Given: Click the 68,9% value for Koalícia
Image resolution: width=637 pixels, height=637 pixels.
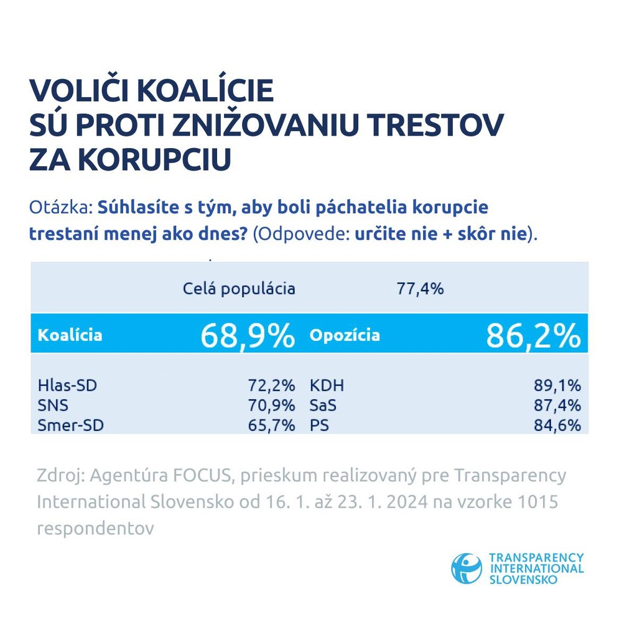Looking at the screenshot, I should (x=247, y=336).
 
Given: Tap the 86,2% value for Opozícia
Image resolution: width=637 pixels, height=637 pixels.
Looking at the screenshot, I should (x=533, y=336).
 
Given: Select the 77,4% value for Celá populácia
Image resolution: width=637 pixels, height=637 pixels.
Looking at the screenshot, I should (x=420, y=289).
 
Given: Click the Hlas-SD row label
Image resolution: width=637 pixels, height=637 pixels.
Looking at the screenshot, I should (x=67, y=386).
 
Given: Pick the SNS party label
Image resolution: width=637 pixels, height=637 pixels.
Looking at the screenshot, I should (x=53, y=406).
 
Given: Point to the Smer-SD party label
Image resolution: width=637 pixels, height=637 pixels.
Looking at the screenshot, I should (x=70, y=425).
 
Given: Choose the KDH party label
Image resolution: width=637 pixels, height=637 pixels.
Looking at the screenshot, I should (x=327, y=386).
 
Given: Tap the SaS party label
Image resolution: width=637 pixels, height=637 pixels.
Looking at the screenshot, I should (x=323, y=406).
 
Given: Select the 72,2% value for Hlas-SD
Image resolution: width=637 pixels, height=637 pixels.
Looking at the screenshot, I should (x=271, y=386).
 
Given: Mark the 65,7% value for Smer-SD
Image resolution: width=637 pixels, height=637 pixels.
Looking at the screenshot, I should (x=271, y=425).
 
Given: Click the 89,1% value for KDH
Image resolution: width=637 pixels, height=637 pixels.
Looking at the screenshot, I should (x=558, y=386).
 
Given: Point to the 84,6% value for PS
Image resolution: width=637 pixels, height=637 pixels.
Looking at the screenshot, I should (x=558, y=425).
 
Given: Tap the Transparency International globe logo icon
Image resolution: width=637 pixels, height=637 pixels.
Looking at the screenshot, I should (x=467, y=569).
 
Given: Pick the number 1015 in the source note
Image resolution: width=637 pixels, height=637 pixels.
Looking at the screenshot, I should (x=537, y=501).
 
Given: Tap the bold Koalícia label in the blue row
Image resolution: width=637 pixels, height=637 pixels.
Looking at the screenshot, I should (x=70, y=335).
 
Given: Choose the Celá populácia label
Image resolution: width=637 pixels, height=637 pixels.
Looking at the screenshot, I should (x=239, y=289).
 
